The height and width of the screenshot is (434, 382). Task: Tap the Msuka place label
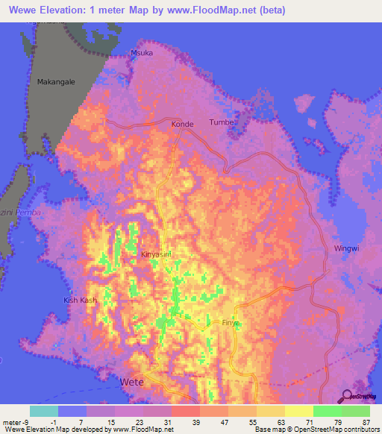coord(141,54)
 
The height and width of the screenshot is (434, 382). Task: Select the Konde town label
coord(183,124)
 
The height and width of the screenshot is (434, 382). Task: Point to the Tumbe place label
coord(222,122)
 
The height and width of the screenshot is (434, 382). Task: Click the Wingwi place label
coord(347,248)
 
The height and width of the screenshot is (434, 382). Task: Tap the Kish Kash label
coord(80,301)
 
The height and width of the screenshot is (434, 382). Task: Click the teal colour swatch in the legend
coord(44,411)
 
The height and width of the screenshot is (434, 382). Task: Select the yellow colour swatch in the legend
coord(298,411)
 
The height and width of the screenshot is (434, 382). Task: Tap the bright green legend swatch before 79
coord(327,411)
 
